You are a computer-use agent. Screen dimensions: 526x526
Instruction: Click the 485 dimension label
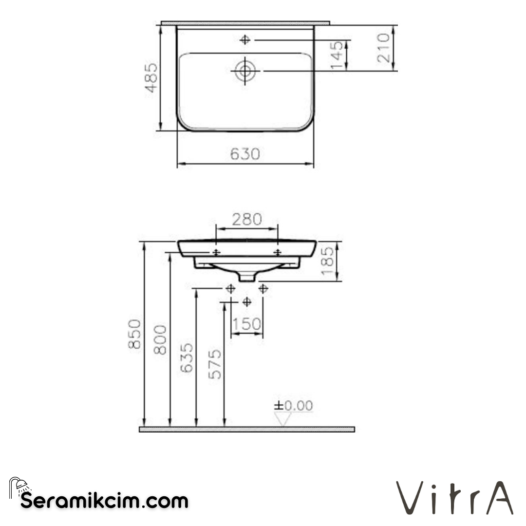151,77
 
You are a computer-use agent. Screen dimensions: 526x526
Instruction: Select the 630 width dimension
245,154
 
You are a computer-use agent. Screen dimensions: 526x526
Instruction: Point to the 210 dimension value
384,48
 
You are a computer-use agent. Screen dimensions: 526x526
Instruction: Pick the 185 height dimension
328,261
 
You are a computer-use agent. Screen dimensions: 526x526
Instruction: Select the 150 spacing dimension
246,324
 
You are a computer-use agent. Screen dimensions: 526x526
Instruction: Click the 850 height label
134,334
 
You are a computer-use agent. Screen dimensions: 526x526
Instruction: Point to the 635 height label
187,358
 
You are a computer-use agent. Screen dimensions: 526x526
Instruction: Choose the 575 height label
215,364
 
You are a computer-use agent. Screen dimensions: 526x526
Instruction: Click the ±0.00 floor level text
293,406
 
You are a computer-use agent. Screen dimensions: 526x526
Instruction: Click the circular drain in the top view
245,71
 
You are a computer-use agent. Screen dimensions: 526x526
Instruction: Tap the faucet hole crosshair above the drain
245,40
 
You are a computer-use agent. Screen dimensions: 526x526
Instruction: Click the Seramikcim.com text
104,500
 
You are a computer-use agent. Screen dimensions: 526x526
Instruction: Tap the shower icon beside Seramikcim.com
19,488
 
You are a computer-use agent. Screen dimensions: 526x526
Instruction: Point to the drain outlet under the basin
247,277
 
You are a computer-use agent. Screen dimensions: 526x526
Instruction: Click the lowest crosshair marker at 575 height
247,302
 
